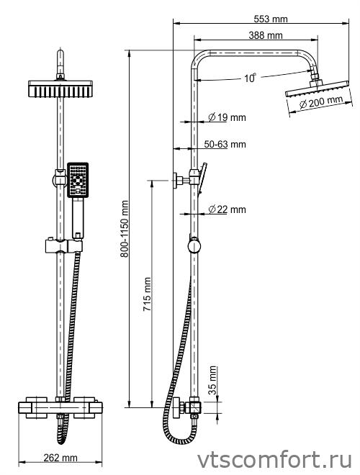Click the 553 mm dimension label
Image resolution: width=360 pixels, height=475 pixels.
270,19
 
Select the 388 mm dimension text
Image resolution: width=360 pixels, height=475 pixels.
266,35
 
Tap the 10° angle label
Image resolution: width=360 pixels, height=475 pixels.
250,78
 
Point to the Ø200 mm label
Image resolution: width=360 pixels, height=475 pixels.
320,102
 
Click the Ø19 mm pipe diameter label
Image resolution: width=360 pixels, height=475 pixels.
227,117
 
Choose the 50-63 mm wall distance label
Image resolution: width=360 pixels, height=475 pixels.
225,144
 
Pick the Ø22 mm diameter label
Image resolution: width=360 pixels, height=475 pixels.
227,209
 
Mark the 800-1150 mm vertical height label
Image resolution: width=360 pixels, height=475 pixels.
125,229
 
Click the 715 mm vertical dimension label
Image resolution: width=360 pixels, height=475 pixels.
147,294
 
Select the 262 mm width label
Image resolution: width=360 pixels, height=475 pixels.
60,458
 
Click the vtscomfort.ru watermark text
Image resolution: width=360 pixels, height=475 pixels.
274,460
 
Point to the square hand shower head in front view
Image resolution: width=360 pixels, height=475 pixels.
78,180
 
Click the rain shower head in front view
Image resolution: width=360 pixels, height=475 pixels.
60,89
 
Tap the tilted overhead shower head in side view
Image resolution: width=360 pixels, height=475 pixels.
317,89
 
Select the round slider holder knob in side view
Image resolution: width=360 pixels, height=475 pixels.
194,245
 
